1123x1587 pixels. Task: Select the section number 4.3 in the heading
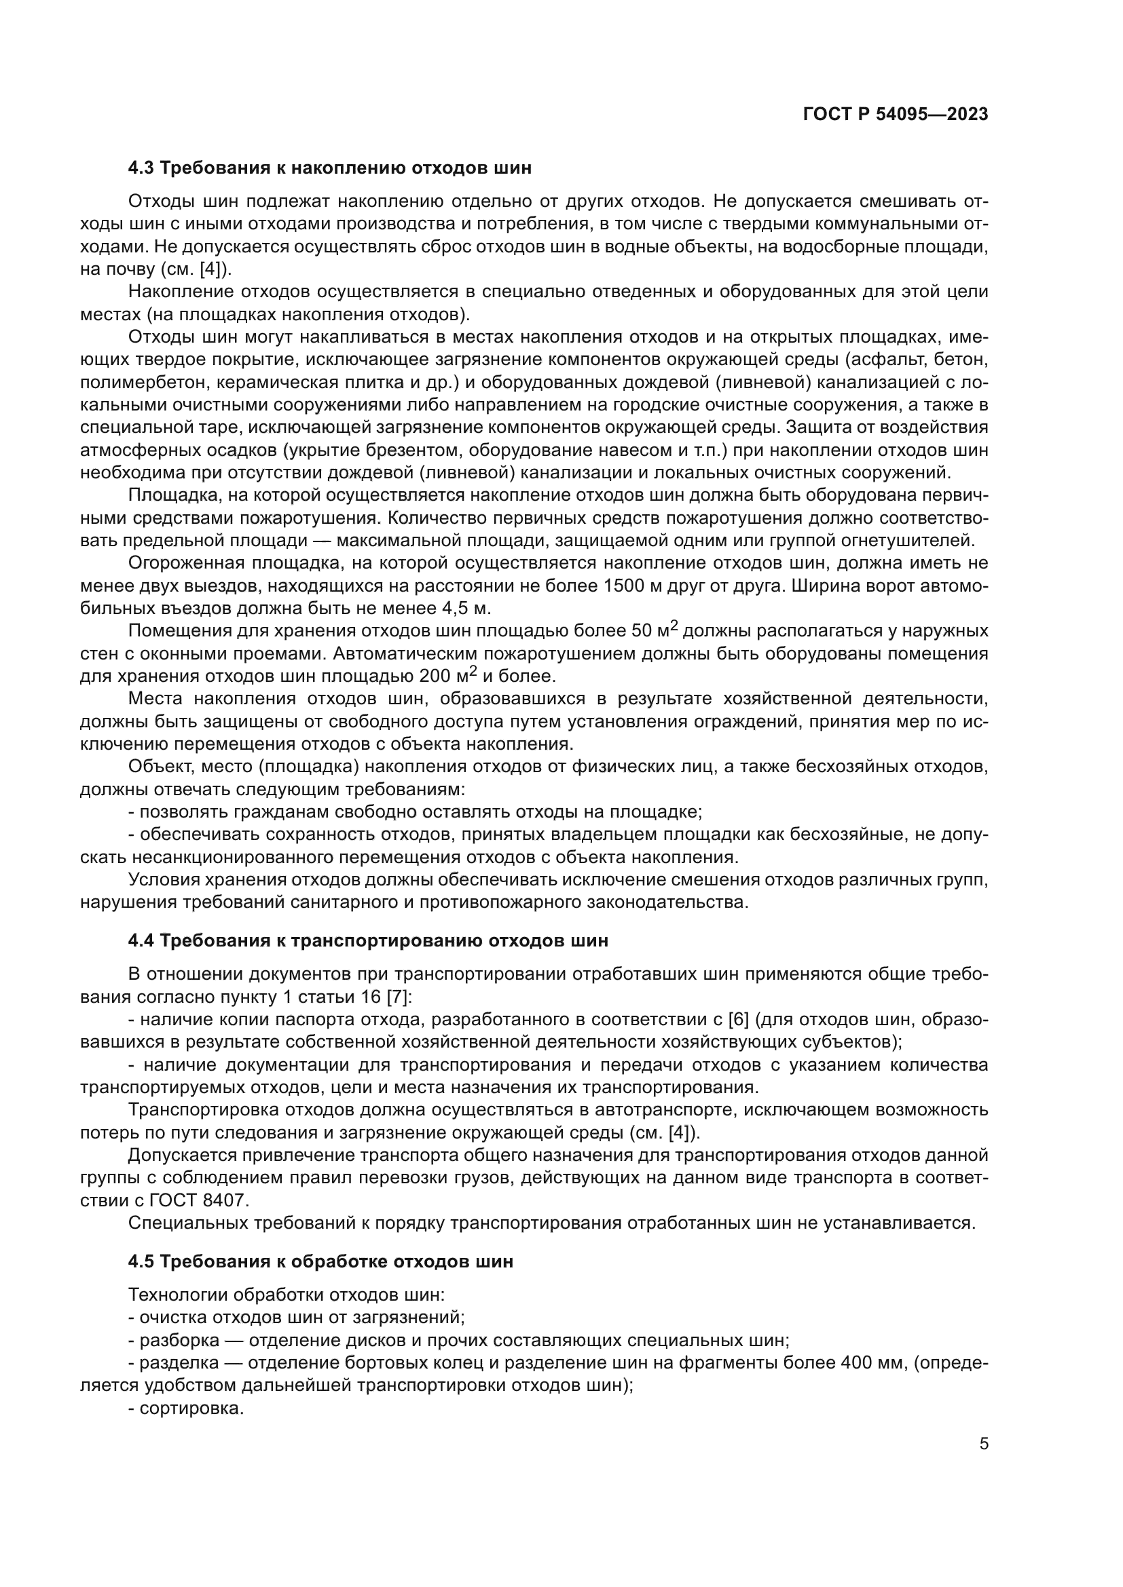click(x=142, y=168)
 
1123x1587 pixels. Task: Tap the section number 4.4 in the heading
click(x=142, y=940)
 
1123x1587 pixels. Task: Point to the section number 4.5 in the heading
click(x=142, y=1261)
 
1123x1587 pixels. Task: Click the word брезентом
click(x=414, y=451)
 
